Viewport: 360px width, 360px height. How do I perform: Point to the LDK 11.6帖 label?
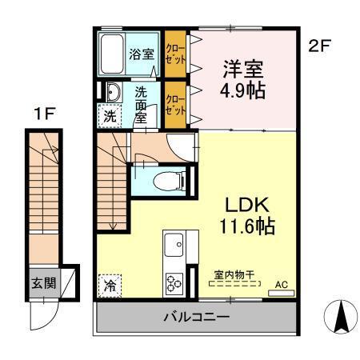point(240,214)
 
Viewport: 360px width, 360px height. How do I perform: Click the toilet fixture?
point(169,179)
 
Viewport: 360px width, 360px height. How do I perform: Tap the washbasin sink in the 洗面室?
point(113,91)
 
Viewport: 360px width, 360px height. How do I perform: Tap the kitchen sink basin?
point(174,242)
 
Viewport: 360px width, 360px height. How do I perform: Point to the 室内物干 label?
point(233,276)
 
